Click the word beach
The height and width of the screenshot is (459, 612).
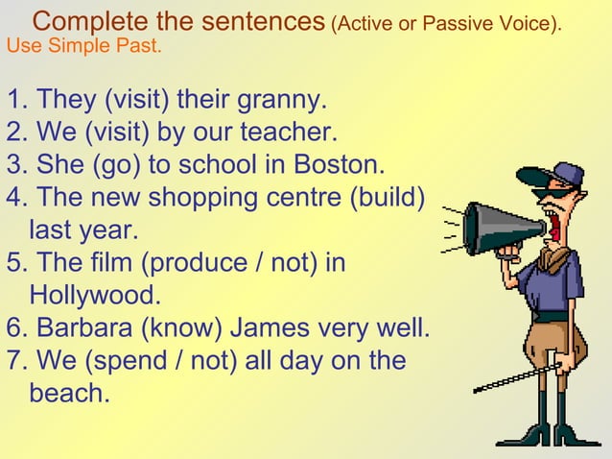click(69, 394)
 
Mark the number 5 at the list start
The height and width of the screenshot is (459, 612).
click(13, 262)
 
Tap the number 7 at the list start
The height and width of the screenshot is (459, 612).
click(13, 361)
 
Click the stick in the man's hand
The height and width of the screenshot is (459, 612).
click(518, 376)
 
